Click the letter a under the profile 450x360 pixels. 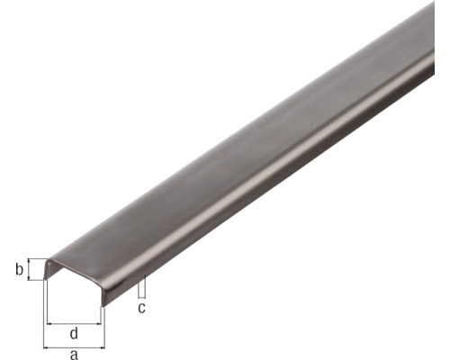(74, 355)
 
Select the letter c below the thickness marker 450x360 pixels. (141, 309)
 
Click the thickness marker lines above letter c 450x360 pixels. (141, 287)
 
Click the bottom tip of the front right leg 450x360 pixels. (102, 307)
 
